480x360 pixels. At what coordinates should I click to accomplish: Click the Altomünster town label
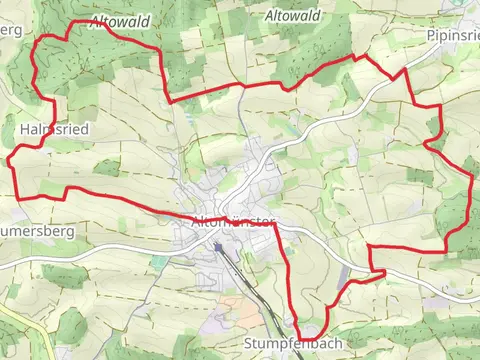(x=231, y=222)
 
